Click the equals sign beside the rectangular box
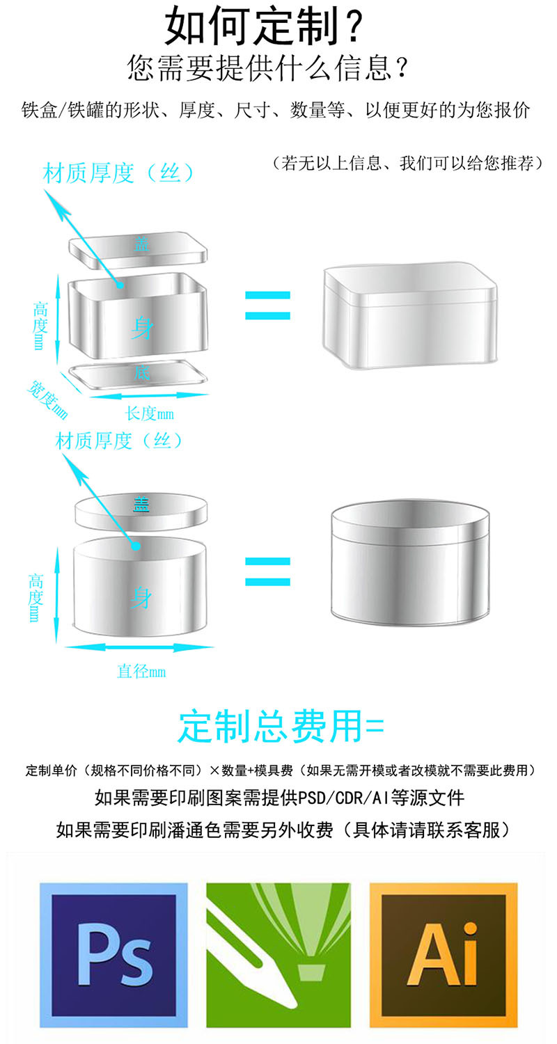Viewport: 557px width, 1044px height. pyautogui.click(x=267, y=306)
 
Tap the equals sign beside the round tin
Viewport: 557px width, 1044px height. pyautogui.click(x=267, y=571)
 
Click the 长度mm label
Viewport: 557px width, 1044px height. pyautogui.click(x=150, y=413)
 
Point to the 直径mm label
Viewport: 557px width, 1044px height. pyautogui.click(x=141, y=672)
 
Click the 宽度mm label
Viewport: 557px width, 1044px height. pyautogui.click(x=47, y=400)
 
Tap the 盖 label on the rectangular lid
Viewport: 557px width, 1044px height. pyautogui.click(x=142, y=244)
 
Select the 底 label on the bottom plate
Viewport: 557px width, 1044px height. pyautogui.click(x=141, y=373)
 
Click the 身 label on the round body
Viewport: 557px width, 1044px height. pyautogui.click(x=141, y=597)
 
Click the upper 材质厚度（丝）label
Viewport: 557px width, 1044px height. pyautogui.click(x=118, y=173)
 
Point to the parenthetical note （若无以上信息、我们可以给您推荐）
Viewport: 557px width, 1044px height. pyautogui.click(x=408, y=164)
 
